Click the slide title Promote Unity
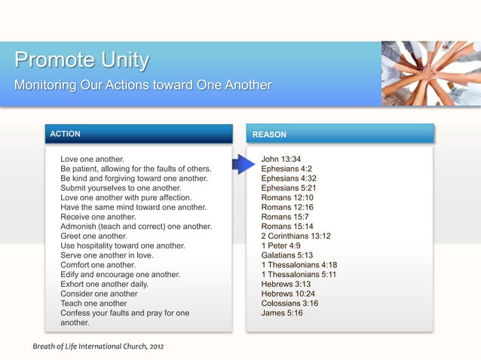[81, 60]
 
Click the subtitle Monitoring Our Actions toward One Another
[142, 84]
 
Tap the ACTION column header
[65, 134]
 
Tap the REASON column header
[269, 135]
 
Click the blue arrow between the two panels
[243, 163]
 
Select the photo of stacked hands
[430, 73]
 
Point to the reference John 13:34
[281, 160]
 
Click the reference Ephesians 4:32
[289, 178]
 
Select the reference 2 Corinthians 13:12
[296, 236]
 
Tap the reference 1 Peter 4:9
[280, 246]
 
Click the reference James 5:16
[282, 313]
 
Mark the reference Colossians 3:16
[290, 304]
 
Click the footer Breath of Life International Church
[97, 346]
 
